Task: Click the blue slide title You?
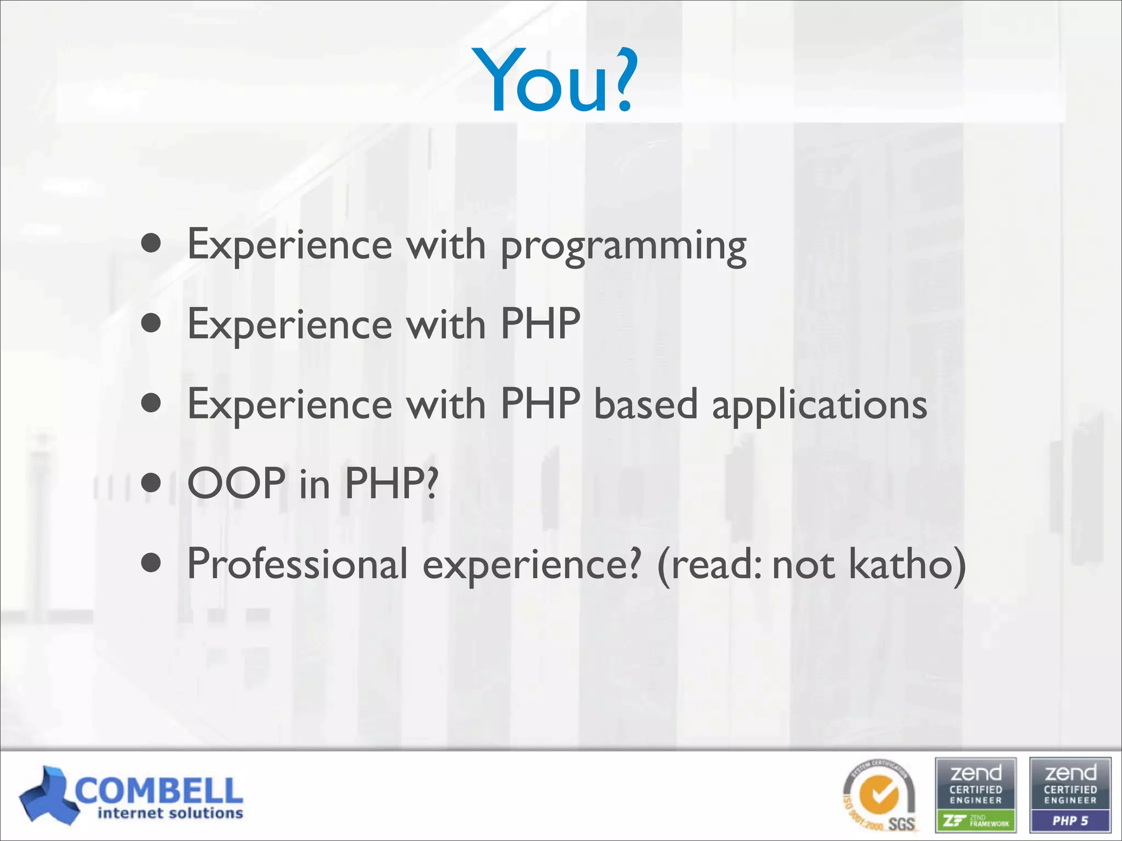pyautogui.click(x=556, y=81)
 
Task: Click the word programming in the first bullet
pyautogui.click(x=623, y=246)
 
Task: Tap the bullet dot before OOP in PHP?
pyautogui.click(x=151, y=483)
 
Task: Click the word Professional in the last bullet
pyautogui.click(x=297, y=564)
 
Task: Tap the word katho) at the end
pyautogui.click(x=907, y=564)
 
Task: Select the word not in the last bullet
pyautogui.click(x=803, y=565)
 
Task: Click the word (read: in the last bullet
pyautogui.click(x=709, y=564)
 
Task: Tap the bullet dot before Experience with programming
pyautogui.click(x=151, y=243)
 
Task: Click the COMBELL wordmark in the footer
pyautogui.click(x=159, y=791)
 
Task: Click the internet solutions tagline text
pyautogui.click(x=170, y=814)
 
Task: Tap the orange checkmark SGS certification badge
pyautogui.click(x=880, y=795)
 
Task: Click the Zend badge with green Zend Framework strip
pyautogui.click(x=976, y=795)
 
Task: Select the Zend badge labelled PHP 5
pyautogui.click(x=1070, y=795)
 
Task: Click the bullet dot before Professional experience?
pyautogui.click(x=151, y=562)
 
